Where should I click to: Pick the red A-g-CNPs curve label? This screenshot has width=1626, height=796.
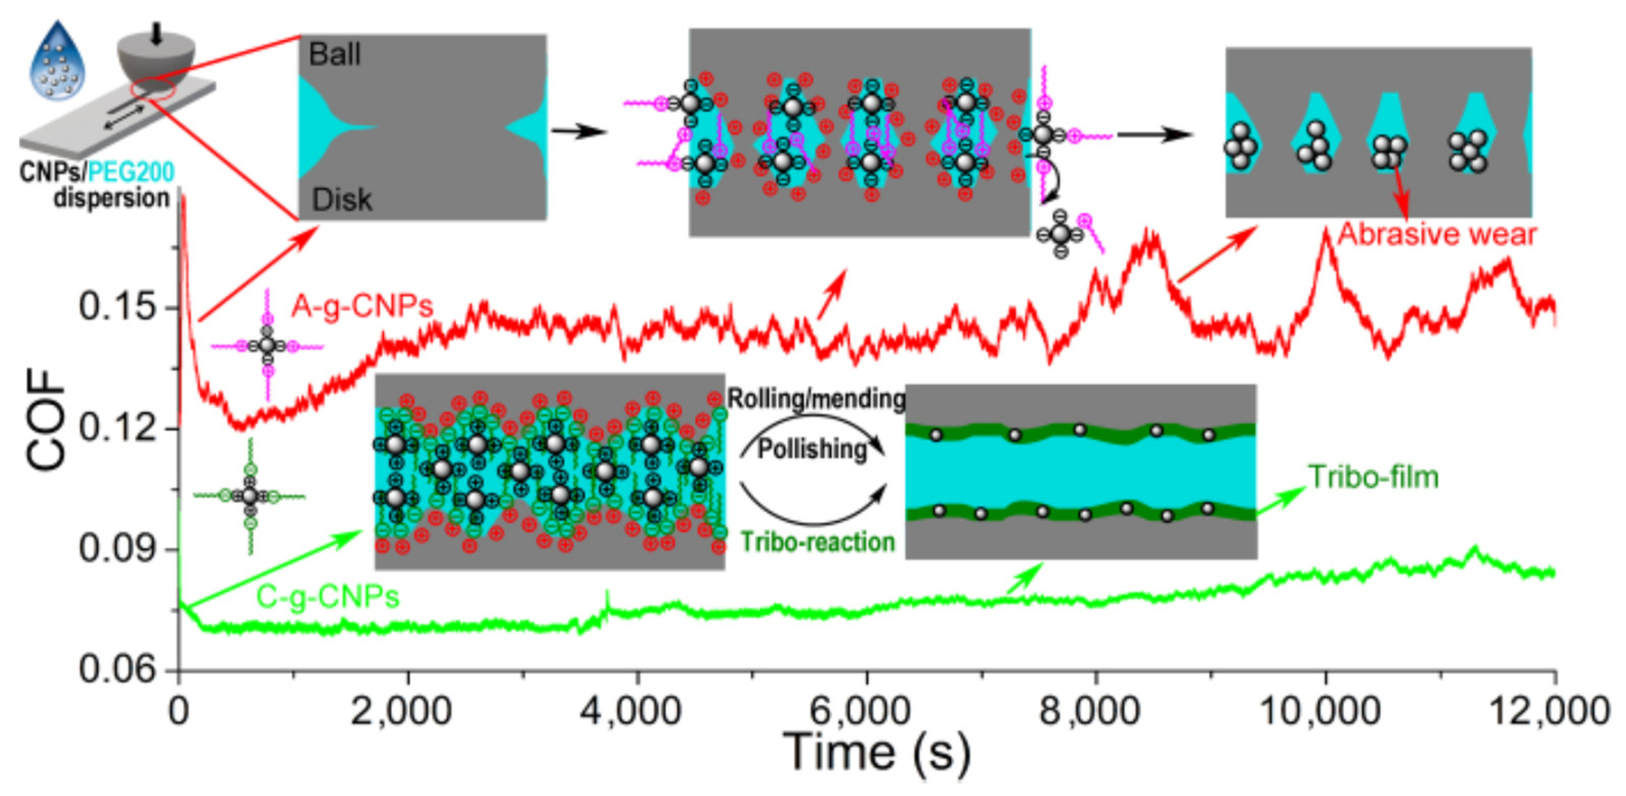362,306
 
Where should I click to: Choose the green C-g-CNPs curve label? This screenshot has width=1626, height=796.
328,596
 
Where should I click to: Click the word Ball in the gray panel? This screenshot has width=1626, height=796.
335,55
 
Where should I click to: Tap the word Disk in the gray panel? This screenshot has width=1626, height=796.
341,200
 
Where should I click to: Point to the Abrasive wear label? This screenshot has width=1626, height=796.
1437,235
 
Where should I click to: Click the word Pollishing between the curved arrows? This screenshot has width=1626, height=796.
812,449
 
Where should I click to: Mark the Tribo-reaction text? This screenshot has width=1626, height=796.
817,542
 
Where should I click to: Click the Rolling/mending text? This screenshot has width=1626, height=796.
816,399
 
